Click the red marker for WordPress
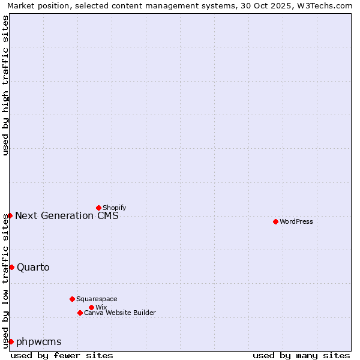[x=275, y=221]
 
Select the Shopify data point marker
[x=98, y=208]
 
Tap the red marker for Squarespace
[x=72, y=299]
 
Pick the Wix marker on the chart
[x=91, y=307]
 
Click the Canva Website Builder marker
[x=80, y=313]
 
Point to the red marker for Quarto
[x=11, y=267]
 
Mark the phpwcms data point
[x=11, y=341]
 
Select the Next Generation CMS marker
[x=10, y=215]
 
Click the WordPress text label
[x=296, y=221]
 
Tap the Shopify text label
[x=114, y=208]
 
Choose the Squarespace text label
[x=97, y=299]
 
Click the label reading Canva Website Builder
[x=119, y=313]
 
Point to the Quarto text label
[x=33, y=267]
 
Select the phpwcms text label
[x=38, y=341]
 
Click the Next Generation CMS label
[x=67, y=215]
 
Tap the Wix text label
[x=101, y=307]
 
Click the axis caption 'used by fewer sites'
[x=62, y=355]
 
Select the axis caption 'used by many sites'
[x=301, y=355]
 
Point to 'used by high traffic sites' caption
[x=5, y=85]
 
